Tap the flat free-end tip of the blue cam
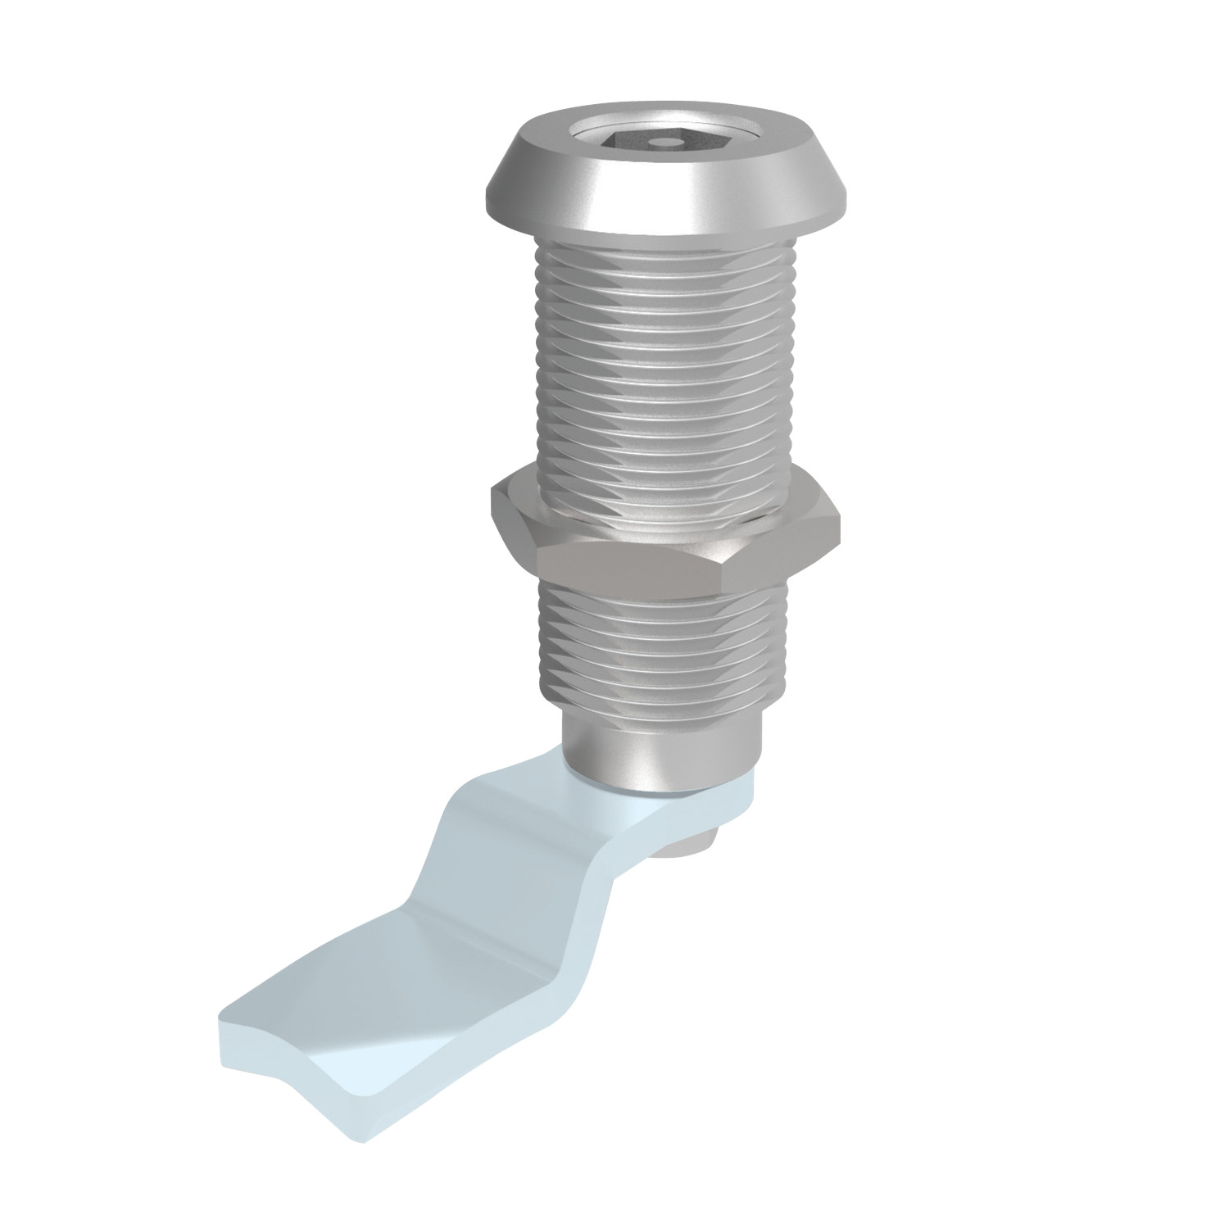328,1032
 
